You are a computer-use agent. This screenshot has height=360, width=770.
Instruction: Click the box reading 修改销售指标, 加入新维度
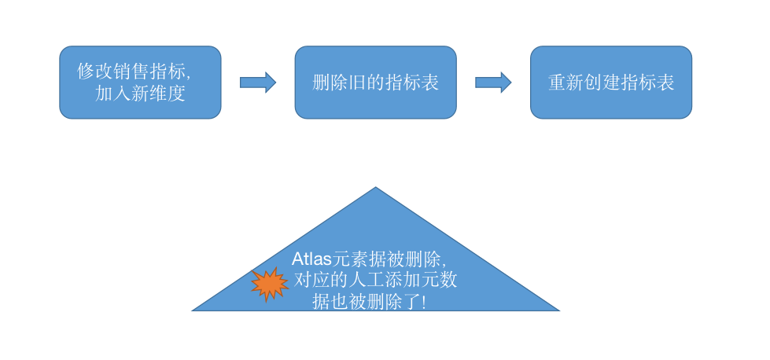coord(140,83)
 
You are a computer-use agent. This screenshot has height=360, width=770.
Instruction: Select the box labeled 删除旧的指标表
coord(375,83)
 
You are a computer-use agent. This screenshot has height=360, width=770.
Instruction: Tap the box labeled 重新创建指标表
coord(611,83)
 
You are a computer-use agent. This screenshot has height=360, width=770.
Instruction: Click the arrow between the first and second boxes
coord(257,83)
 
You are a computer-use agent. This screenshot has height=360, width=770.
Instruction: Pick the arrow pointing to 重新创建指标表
coord(493,83)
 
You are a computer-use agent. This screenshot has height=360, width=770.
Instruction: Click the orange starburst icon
coord(270,284)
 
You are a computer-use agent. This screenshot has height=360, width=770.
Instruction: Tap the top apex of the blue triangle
coord(375,189)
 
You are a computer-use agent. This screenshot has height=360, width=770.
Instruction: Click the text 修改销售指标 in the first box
coord(132,71)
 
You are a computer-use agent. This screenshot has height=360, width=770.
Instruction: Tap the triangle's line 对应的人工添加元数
coord(374,280)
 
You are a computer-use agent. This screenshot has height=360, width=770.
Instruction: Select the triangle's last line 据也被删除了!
coord(369,302)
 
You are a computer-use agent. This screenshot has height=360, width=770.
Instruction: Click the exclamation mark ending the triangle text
coord(424,302)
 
